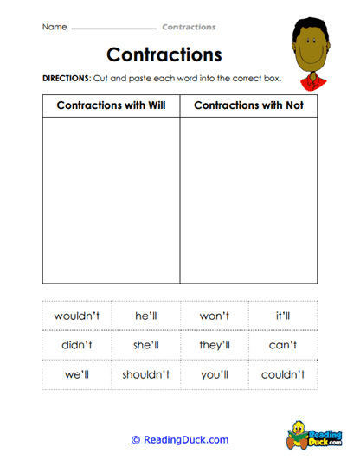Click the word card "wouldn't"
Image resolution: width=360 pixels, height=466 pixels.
(x=76, y=316)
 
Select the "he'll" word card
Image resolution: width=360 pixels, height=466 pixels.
(x=145, y=316)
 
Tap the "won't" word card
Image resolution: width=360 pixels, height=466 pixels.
(x=214, y=316)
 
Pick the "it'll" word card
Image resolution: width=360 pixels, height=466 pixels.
(x=283, y=316)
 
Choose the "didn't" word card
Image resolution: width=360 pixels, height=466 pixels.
(x=76, y=345)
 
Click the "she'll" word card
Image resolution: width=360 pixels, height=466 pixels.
(x=145, y=345)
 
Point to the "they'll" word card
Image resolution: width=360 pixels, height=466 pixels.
(x=214, y=345)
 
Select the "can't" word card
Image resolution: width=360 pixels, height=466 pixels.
(x=283, y=345)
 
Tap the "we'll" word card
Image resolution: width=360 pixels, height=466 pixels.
(x=76, y=374)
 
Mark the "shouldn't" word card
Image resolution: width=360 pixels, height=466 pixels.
(x=145, y=374)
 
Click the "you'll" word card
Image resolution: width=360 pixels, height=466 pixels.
(x=214, y=374)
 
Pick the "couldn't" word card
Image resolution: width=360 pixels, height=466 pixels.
(x=283, y=374)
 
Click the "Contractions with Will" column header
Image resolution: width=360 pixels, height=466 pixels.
(x=111, y=105)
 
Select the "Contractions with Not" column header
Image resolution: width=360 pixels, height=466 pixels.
(x=248, y=105)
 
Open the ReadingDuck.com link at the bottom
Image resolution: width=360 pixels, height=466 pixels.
(x=180, y=439)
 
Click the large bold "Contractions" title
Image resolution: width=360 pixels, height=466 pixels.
(x=164, y=54)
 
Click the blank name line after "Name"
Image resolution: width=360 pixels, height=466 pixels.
(x=112, y=28)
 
